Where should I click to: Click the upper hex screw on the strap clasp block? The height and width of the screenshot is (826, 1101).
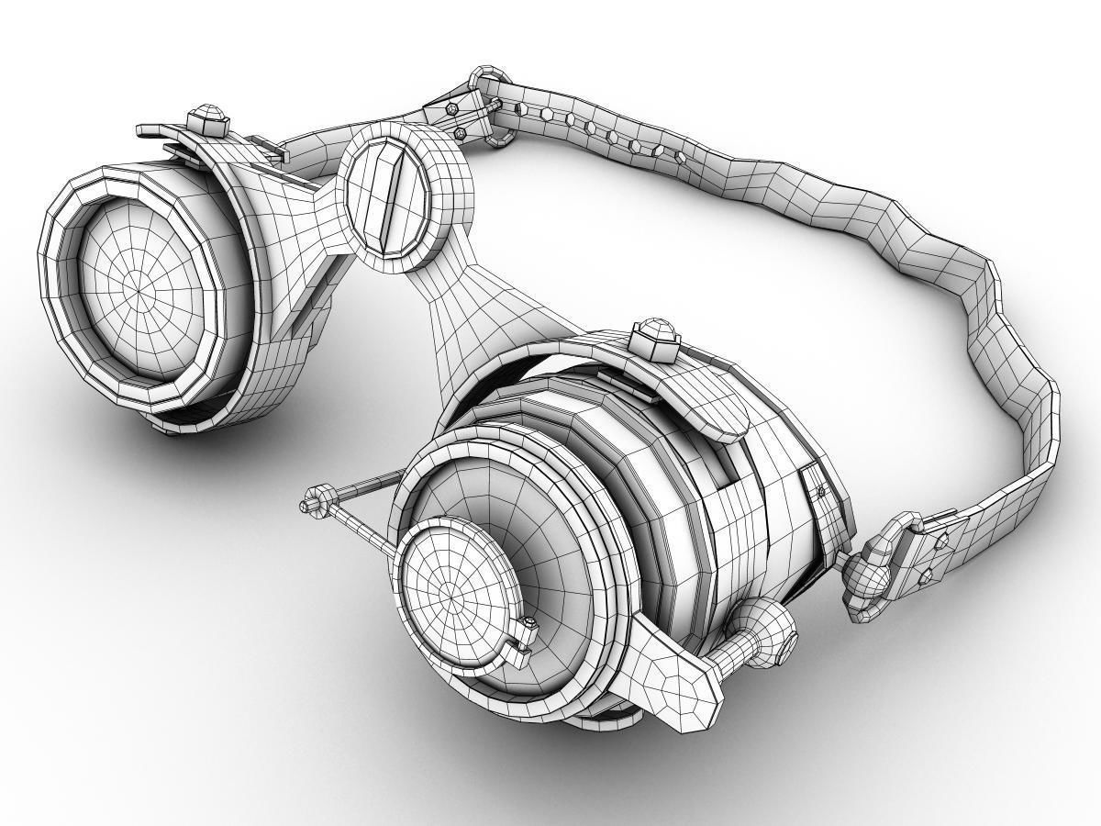tap(452, 108)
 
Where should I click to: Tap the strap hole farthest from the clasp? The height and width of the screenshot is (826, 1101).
tap(680, 157)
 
